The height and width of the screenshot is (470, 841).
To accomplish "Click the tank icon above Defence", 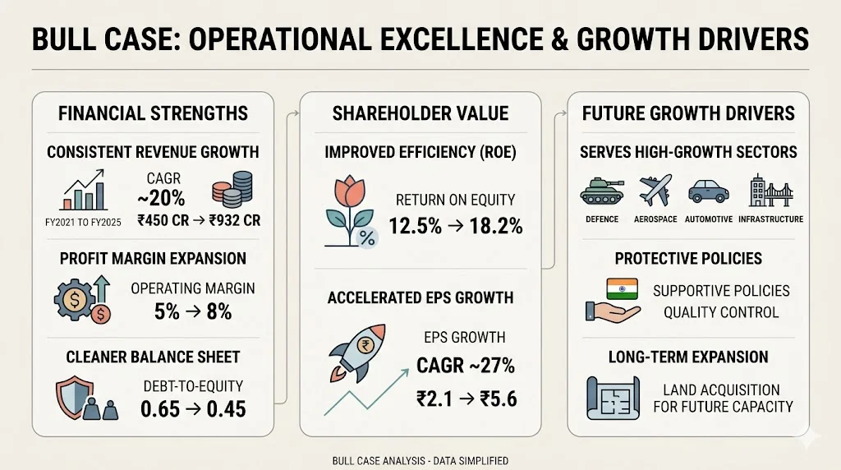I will click(x=602, y=190).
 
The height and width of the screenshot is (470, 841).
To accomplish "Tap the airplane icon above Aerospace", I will click(x=653, y=190).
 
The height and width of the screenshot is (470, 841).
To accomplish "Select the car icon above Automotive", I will click(x=707, y=190).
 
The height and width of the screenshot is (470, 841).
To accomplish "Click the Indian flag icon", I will click(x=621, y=289).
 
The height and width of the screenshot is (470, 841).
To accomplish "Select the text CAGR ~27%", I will click(x=465, y=364).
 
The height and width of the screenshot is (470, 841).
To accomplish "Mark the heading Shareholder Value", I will click(x=420, y=114).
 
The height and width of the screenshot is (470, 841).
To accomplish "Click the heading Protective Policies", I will click(x=687, y=258).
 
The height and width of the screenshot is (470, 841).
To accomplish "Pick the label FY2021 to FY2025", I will click(x=82, y=220).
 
